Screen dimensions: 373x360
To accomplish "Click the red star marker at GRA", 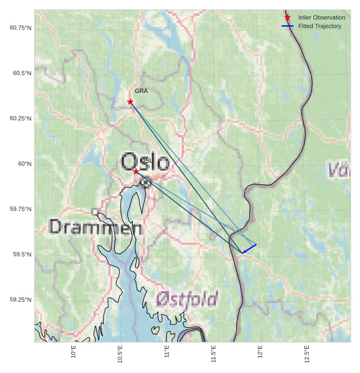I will click(x=130, y=101).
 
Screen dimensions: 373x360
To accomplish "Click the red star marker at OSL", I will click(x=136, y=171).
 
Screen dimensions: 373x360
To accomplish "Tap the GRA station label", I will click(x=141, y=91).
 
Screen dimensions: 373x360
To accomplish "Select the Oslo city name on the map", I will click(x=145, y=162).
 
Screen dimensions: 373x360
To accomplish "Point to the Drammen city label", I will click(x=96, y=227).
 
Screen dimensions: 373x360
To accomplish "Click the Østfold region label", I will click(x=187, y=299).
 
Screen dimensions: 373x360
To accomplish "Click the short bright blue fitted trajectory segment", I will click(x=249, y=248).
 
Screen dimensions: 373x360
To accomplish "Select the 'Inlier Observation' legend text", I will click(x=322, y=18).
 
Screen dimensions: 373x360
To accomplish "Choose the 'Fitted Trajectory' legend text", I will click(x=320, y=26).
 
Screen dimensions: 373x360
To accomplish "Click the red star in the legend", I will click(x=288, y=17).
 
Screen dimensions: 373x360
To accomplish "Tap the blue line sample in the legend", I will click(x=288, y=26).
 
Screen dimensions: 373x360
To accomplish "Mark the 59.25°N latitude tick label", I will click(x=21, y=300).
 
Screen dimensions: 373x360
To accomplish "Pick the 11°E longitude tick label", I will click(x=167, y=353).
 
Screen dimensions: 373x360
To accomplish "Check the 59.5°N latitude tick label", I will click(x=23, y=254).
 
